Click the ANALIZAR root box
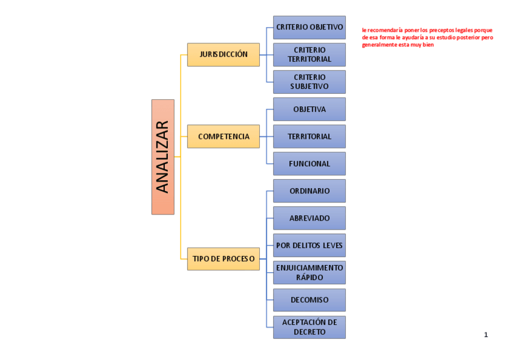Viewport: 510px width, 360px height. point(162,157)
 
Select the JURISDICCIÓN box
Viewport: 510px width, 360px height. point(223,54)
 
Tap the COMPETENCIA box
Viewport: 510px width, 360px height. point(223,136)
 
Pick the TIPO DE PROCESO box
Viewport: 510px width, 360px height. point(223,258)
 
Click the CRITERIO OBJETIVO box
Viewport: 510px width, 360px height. point(309,27)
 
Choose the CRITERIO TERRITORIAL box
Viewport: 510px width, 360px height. point(309,54)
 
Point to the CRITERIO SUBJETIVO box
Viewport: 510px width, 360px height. point(309,82)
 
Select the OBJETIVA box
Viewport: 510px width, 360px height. point(309,109)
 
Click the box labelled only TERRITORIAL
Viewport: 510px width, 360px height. point(309,136)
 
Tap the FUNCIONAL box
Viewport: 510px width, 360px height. point(309,163)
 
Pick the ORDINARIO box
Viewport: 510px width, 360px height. point(309,191)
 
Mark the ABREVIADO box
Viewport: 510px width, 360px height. point(309,218)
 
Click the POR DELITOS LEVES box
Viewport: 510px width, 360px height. point(309,245)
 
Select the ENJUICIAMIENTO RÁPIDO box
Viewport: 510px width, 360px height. point(309,272)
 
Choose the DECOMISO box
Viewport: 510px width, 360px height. point(309,300)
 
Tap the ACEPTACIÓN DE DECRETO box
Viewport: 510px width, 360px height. point(309,327)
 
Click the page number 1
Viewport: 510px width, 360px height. point(486,335)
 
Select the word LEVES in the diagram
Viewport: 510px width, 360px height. point(333,245)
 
